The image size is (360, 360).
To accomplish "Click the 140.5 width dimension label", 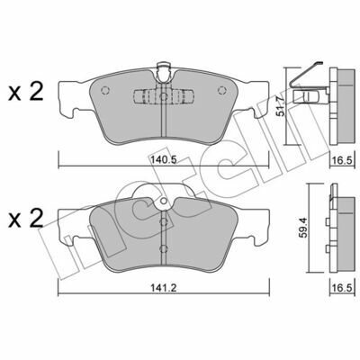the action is click(x=163, y=160).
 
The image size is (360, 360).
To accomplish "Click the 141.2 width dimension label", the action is click(x=164, y=288).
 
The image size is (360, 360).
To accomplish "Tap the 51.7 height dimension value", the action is click(x=281, y=106).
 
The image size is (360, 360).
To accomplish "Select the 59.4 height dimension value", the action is click(x=303, y=228).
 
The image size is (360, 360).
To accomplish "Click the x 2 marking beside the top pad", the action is click(x=26, y=92).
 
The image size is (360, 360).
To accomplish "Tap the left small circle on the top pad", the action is click(x=105, y=90).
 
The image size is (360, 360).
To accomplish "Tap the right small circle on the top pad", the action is click(x=221, y=90).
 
